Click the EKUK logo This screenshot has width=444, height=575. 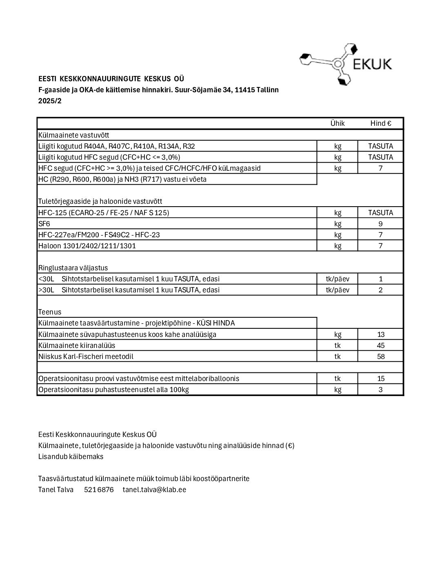[346, 64]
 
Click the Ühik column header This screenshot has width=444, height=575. [337, 123]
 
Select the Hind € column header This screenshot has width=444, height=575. [380, 123]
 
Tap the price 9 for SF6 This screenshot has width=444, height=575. [380, 224]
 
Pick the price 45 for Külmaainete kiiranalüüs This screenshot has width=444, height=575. [380, 345]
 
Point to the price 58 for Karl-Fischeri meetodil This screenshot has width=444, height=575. [380, 357]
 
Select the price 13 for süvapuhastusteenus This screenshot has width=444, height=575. [380, 334]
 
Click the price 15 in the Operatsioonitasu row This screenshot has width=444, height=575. [380, 379]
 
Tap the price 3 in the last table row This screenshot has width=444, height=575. [380, 390]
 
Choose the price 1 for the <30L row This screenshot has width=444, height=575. [380, 279]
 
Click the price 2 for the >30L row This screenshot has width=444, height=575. [380, 290]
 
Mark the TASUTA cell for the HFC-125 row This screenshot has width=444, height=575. [380, 213]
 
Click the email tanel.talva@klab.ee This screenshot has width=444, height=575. [154, 490]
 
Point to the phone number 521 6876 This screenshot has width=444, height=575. [99, 490]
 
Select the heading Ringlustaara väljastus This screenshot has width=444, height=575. [73, 268]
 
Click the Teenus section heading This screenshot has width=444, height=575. [50, 312]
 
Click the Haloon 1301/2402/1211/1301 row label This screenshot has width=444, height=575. [87, 246]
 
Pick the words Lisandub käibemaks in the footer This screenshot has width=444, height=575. [71, 457]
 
